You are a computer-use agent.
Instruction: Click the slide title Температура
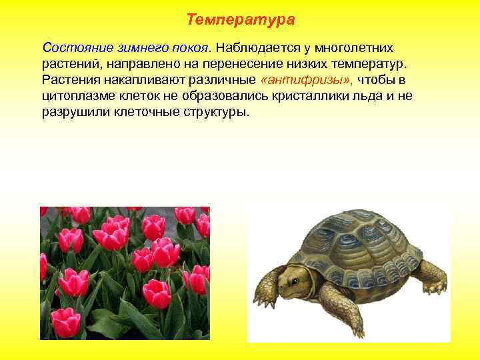coord(240,20)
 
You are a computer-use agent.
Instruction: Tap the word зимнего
coord(135,48)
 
